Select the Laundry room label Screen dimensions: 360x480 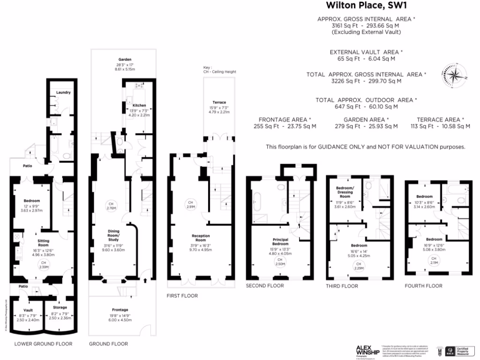click(63, 92)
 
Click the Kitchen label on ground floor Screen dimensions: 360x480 click(139, 105)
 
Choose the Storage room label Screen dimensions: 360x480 click(60, 308)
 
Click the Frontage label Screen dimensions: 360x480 click(120, 310)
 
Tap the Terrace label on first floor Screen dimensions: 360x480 click(218, 102)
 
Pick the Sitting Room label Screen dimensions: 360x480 click(43, 242)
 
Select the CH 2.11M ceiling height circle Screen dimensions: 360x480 click(434, 261)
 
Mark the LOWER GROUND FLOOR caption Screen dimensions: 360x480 click(43, 344)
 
